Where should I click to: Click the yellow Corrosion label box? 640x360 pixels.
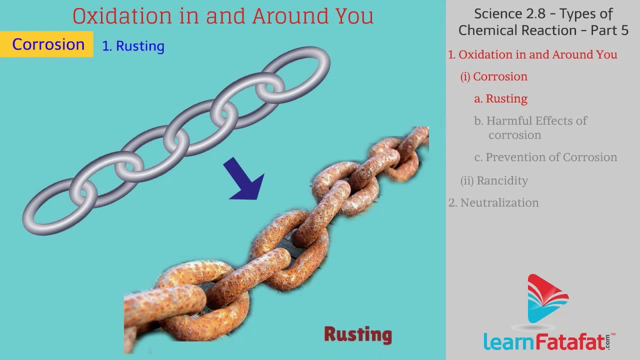[46, 44]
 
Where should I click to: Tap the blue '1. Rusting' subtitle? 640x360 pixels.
[133, 46]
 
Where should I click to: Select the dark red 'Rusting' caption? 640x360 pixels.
[358, 335]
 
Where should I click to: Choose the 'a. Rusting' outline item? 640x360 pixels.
[500, 99]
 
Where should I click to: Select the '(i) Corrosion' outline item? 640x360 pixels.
[493, 76]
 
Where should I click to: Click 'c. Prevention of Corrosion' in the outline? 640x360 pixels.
[545, 157]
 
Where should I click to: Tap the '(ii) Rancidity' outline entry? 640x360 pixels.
[494, 180]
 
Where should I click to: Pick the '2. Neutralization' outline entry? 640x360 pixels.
[493, 202]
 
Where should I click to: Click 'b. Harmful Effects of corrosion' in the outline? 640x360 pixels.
[530, 127]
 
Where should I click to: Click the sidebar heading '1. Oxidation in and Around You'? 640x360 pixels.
[532, 54]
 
